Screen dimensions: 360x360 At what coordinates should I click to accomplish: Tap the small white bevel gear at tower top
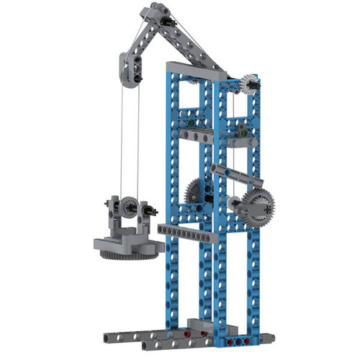(249, 86)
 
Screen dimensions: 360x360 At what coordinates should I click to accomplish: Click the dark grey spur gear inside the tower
(195, 191)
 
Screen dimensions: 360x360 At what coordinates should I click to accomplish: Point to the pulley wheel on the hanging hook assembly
(130, 207)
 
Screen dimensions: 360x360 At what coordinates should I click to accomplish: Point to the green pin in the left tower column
(188, 122)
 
